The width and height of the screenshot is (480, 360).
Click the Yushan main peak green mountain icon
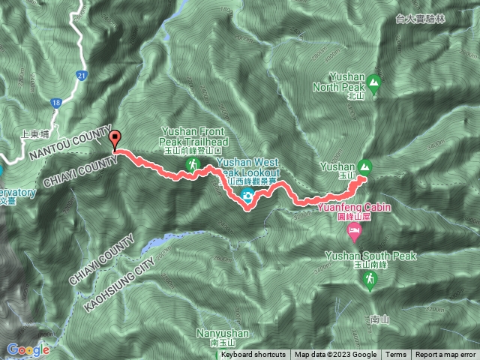coord(364,166)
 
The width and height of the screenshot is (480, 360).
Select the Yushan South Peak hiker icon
coord(369,280)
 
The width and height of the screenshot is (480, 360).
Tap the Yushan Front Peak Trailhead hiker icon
coord(193,164)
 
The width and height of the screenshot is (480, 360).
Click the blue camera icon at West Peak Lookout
coord(246,196)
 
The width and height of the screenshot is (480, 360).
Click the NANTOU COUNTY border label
coord(67,144)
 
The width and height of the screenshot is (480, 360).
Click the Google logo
coord(28,349)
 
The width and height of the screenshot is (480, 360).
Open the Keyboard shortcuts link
coord(253,355)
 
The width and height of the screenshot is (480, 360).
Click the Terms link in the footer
coord(396,355)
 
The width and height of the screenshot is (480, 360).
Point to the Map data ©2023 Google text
coord(335,355)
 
